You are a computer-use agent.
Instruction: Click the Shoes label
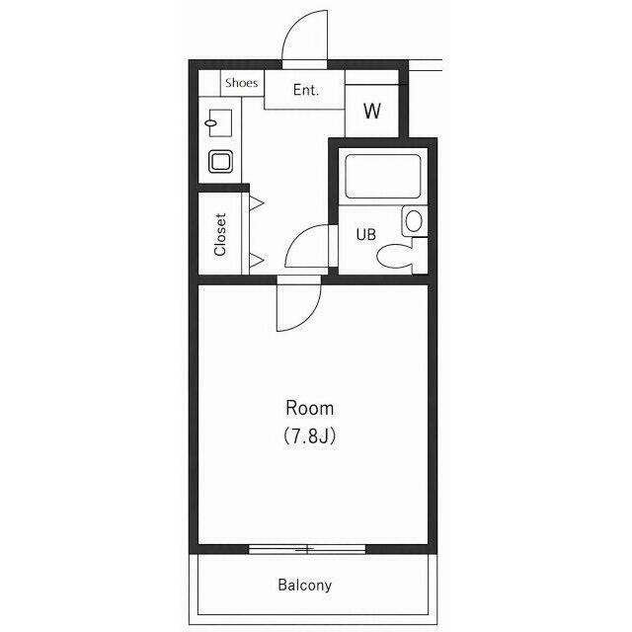coord(241,83)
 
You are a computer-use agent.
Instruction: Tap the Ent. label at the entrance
coord(306,90)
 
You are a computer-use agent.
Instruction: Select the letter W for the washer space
coord(371,111)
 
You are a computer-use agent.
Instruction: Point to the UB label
coord(366,234)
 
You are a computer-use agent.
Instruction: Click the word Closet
coord(220,234)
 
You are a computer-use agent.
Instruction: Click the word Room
coord(309,408)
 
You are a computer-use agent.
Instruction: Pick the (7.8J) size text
coord(309,435)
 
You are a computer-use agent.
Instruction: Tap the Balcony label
coord(305,585)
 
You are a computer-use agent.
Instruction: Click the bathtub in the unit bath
coord(383,176)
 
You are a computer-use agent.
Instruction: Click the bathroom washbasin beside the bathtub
coord(414,221)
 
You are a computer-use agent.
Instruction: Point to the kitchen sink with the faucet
coord(220,122)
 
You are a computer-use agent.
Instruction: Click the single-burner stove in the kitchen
coord(220,162)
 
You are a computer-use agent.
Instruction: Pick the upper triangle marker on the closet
coord(257,202)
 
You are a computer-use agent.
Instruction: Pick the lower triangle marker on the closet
coord(257,261)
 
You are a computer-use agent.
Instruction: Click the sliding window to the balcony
coord(307,549)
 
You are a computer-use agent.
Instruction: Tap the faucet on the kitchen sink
coord(211,122)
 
